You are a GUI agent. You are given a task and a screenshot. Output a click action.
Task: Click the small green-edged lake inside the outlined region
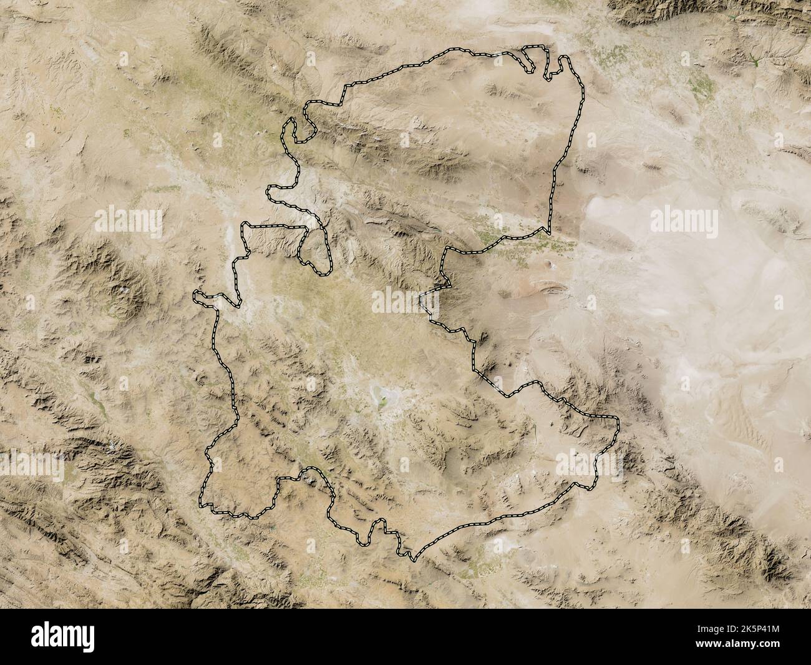(380, 395)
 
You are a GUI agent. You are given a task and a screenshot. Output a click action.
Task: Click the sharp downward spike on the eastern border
(549, 231)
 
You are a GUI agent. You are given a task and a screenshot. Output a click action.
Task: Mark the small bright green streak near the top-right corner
(754, 61)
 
